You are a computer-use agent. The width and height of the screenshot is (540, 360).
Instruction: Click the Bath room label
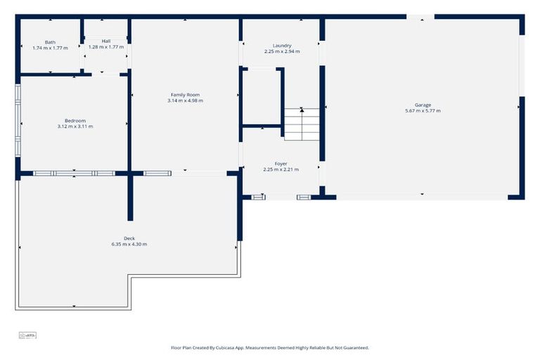click(x=50, y=42)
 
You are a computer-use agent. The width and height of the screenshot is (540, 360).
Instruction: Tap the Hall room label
click(x=106, y=41)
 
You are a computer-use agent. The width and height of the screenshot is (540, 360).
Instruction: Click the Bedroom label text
click(x=75, y=121)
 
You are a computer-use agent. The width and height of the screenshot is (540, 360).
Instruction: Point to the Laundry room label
click(x=282, y=46)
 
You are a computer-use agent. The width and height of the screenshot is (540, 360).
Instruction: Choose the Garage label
click(x=423, y=105)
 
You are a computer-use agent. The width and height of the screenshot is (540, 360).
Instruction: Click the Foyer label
click(x=281, y=164)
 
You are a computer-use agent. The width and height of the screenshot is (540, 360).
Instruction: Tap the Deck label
click(x=129, y=238)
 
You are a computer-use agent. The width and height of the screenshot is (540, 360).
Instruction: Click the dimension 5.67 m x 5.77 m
click(x=423, y=110)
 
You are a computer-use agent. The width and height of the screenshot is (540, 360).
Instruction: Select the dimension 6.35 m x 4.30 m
click(x=129, y=244)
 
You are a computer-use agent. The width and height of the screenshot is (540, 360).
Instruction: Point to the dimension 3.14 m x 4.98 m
click(x=185, y=101)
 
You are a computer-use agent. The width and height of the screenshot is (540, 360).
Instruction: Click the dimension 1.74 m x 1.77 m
click(x=50, y=48)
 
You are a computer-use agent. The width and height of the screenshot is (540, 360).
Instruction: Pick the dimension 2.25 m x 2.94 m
click(x=282, y=51)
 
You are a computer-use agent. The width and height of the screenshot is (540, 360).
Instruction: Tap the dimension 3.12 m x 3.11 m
click(x=75, y=127)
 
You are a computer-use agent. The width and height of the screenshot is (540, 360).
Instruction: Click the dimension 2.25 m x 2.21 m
click(x=281, y=169)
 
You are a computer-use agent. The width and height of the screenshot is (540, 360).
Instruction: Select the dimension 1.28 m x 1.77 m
click(x=106, y=47)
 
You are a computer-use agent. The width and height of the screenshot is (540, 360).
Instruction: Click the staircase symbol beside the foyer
click(x=302, y=124)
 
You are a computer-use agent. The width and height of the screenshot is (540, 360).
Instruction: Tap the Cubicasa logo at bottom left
click(x=27, y=335)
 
